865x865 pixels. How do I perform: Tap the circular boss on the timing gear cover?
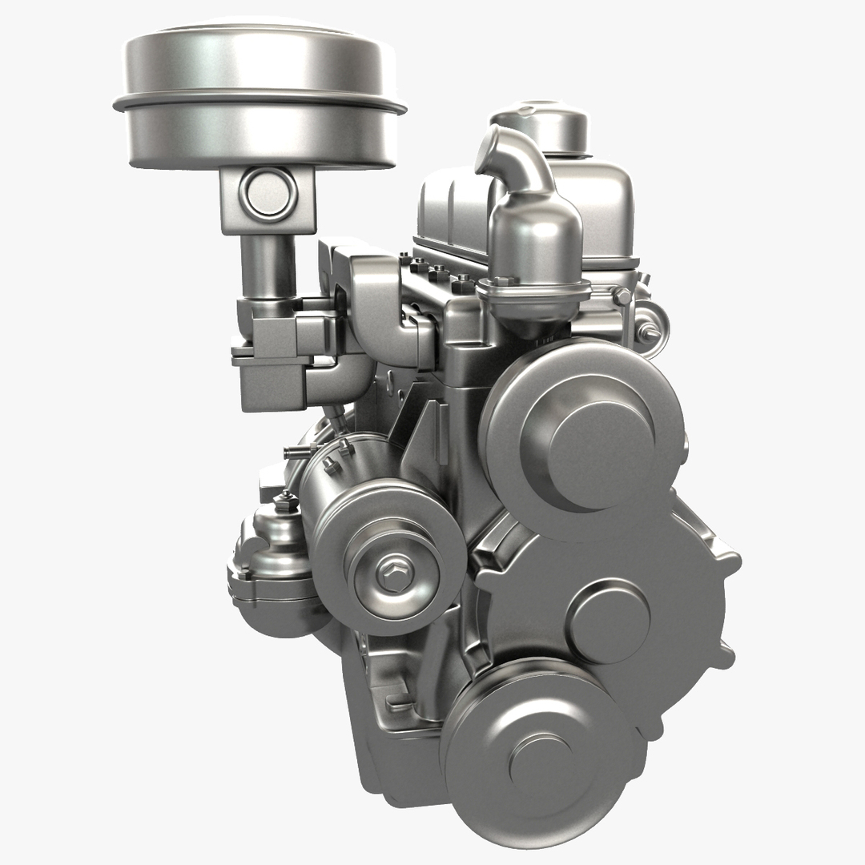pos(608,621)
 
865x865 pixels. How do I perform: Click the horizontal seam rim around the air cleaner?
pos(259,105)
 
